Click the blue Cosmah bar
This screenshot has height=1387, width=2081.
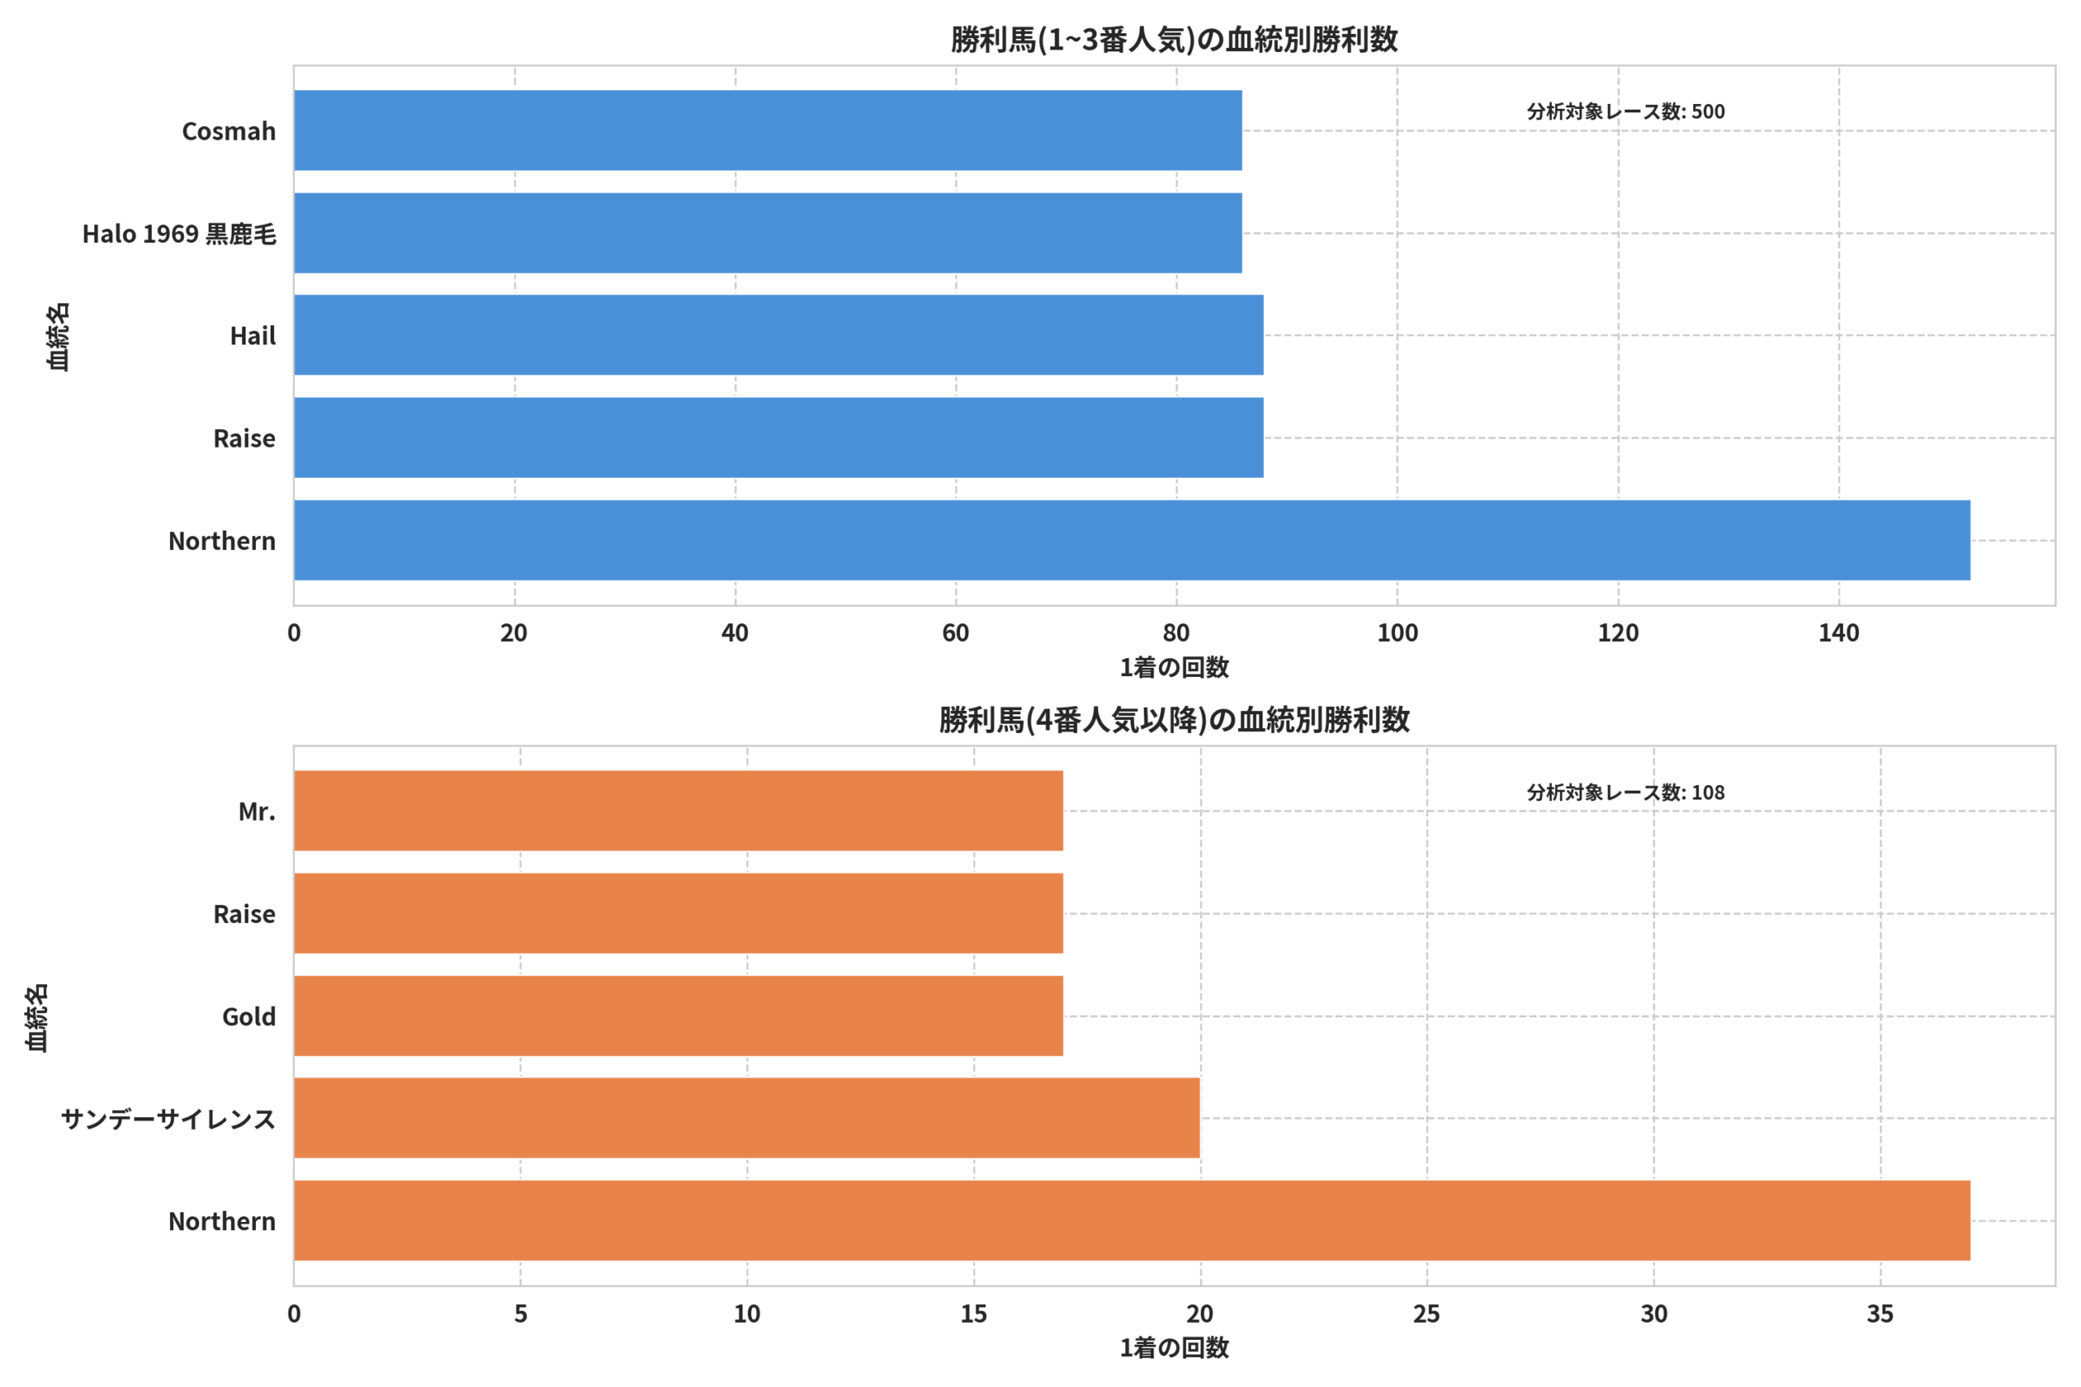[768, 130]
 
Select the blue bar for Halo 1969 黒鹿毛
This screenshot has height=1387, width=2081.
[768, 232]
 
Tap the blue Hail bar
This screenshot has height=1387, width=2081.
[779, 336]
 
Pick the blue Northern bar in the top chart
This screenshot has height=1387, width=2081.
[1132, 540]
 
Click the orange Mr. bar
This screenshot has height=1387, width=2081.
[679, 811]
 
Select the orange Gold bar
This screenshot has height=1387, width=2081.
[679, 1016]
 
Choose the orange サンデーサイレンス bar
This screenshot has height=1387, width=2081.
[747, 1118]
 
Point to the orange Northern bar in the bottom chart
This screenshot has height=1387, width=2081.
[1132, 1220]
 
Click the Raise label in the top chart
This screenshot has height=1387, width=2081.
[244, 439]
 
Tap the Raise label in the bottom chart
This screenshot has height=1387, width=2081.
[244, 914]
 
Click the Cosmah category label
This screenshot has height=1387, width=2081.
[229, 131]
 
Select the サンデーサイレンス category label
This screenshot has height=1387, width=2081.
[168, 1119]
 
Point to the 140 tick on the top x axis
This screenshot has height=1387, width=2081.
[1839, 633]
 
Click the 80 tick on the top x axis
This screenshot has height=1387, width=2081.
[1176, 633]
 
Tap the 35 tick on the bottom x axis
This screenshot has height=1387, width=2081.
[1880, 1315]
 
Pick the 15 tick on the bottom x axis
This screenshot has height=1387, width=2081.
[973, 1315]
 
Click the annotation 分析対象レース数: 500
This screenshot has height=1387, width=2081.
[1625, 111]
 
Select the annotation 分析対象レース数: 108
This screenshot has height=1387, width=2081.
[1625, 792]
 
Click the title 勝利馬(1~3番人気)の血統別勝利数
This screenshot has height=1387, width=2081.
[1174, 40]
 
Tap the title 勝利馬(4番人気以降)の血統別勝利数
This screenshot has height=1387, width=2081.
[1174, 720]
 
